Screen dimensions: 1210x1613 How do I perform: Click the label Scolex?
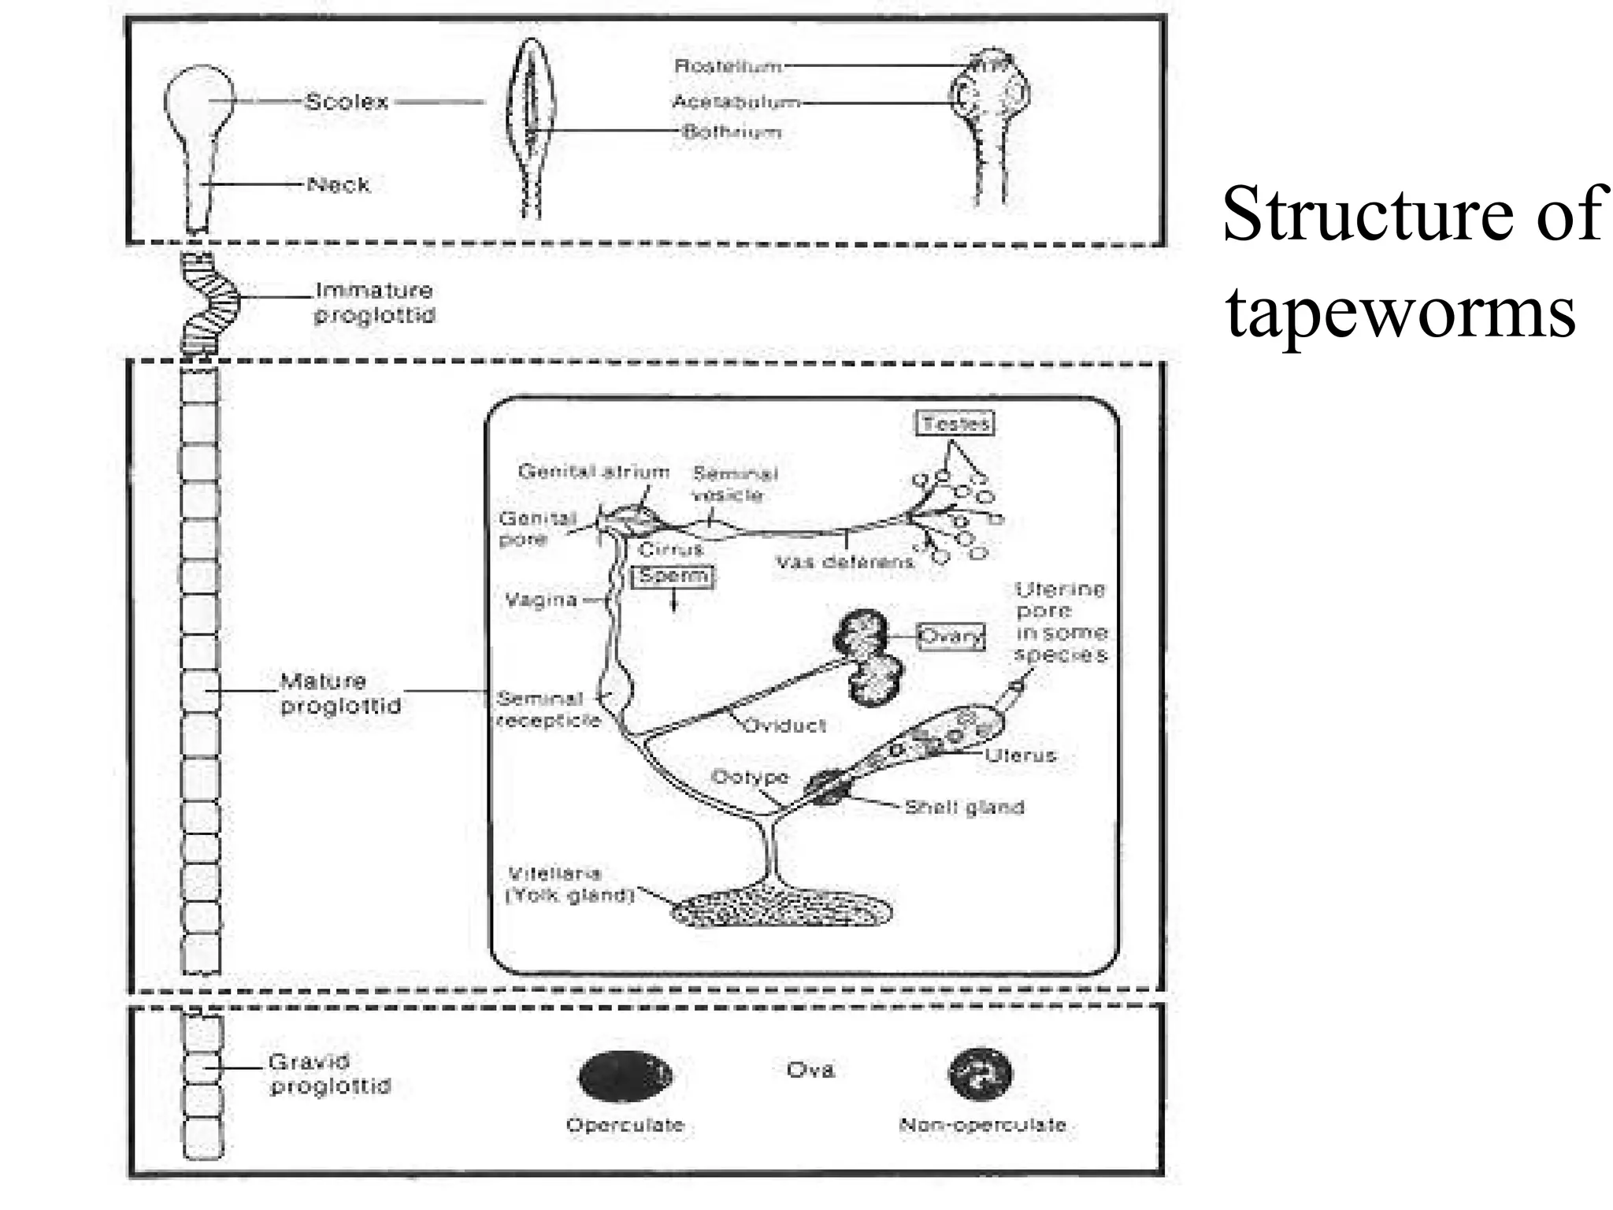[347, 102]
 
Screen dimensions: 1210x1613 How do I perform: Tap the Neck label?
[338, 184]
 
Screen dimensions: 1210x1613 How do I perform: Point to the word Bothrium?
[732, 132]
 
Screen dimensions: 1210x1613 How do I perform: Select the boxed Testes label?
[955, 424]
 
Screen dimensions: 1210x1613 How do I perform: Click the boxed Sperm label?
[673, 576]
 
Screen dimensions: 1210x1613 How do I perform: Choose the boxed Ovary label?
[951, 636]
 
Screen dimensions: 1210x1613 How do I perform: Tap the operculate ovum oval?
[625, 1076]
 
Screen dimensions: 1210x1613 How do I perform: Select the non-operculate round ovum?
[981, 1074]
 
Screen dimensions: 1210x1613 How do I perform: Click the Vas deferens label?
[844, 562]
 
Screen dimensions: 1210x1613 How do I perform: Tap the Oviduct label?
[784, 725]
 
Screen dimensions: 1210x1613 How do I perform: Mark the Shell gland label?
[964, 807]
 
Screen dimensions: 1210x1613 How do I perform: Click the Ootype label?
[750, 777]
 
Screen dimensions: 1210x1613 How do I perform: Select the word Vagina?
[541, 600]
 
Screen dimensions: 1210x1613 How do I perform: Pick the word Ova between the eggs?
[810, 1069]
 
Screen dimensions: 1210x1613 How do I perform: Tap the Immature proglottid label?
[374, 302]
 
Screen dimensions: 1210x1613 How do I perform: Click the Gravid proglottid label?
[329, 1074]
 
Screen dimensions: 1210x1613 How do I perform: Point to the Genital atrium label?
[594, 471]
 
